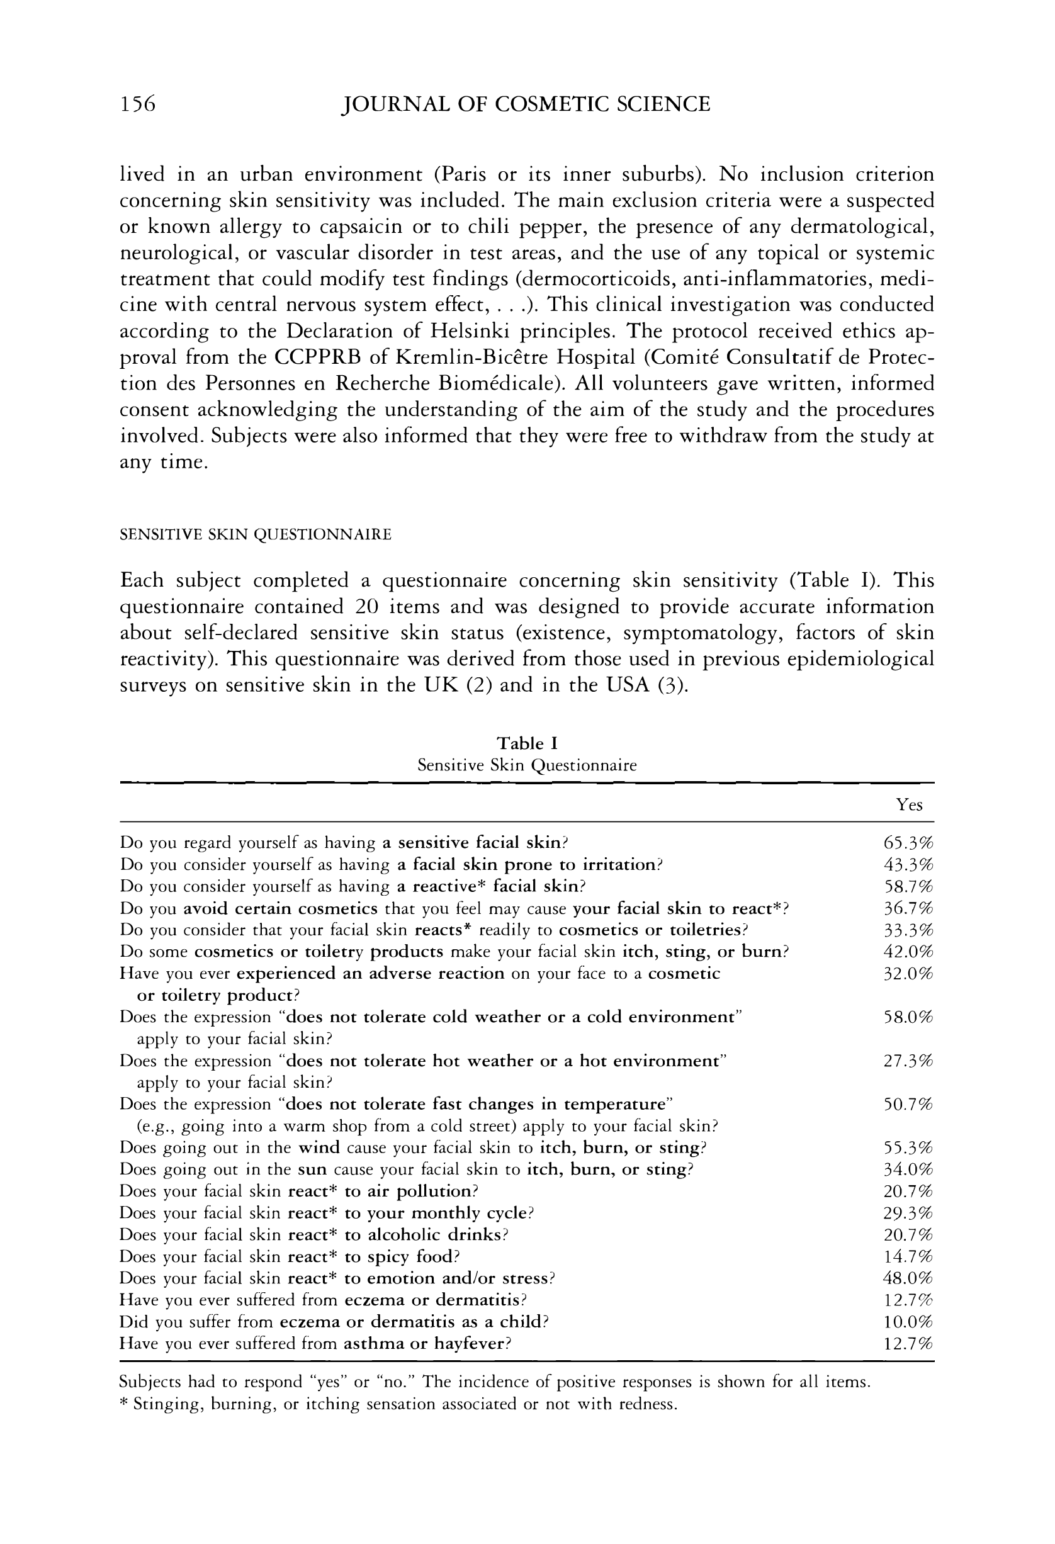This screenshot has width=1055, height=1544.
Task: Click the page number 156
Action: (x=137, y=104)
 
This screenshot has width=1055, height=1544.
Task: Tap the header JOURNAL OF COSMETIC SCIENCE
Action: (x=525, y=104)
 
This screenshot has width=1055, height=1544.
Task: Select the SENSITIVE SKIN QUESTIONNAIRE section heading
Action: (x=255, y=535)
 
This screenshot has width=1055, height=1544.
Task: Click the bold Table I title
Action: (x=527, y=743)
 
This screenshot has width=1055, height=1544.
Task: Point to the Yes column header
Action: (x=909, y=805)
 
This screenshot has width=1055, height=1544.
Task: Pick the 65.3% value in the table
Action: (x=908, y=843)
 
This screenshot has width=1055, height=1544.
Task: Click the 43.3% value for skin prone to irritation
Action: (x=908, y=865)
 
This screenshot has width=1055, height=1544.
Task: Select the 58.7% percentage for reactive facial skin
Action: (x=908, y=887)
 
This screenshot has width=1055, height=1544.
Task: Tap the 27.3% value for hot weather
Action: (x=908, y=1061)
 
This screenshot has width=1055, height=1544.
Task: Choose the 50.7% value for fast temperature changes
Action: (x=908, y=1105)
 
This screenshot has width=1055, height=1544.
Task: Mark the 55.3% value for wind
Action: (x=908, y=1148)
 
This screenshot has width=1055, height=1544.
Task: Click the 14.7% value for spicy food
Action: (x=908, y=1257)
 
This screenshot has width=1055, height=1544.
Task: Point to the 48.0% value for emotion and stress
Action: (x=908, y=1279)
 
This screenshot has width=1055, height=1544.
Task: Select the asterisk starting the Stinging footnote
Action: (x=123, y=1403)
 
